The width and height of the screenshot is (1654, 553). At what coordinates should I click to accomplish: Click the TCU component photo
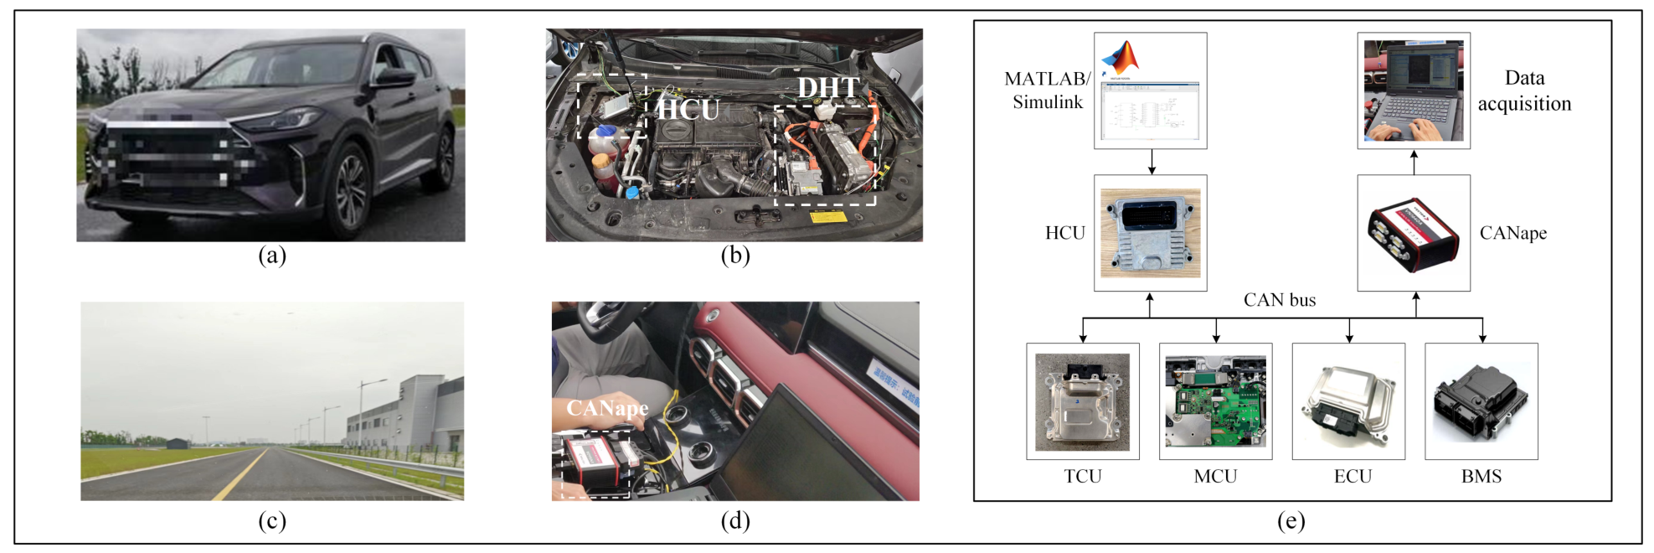click(1082, 401)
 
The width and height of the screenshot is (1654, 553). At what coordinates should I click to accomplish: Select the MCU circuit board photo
click(1215, 401)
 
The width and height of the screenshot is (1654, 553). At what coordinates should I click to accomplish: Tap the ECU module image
click(1348, 401)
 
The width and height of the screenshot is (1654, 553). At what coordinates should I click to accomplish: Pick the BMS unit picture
click(1481, 401)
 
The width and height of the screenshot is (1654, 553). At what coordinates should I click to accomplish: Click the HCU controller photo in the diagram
click(1150, 233)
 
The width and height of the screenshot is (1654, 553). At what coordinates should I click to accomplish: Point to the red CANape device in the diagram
click(1413, 233)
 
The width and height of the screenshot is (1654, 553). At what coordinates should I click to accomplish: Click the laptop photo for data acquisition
click(1413, 90)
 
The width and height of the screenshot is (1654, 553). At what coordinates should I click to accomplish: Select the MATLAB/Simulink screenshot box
click(1150, 90)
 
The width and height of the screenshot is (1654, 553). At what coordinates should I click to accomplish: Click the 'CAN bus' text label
click(1279, 300)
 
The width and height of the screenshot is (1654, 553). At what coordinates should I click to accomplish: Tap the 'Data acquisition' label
click(1524, 90)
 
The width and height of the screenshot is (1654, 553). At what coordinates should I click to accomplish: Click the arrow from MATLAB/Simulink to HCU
click(1152, 162)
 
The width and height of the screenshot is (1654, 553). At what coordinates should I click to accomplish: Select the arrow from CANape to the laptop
click(1414, 162)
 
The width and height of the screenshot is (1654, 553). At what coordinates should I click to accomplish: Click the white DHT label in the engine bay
click(827, 87)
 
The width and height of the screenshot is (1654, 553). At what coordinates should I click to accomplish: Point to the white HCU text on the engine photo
click(688, 110)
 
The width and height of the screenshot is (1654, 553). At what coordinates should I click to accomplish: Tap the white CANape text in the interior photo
click(607, 408)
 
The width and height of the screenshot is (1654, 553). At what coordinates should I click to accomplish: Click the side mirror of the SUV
click(394, 78)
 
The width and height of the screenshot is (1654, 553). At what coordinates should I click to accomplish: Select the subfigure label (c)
click(272, 521)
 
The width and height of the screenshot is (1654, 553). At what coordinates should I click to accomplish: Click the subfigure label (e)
click(1291, 521)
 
